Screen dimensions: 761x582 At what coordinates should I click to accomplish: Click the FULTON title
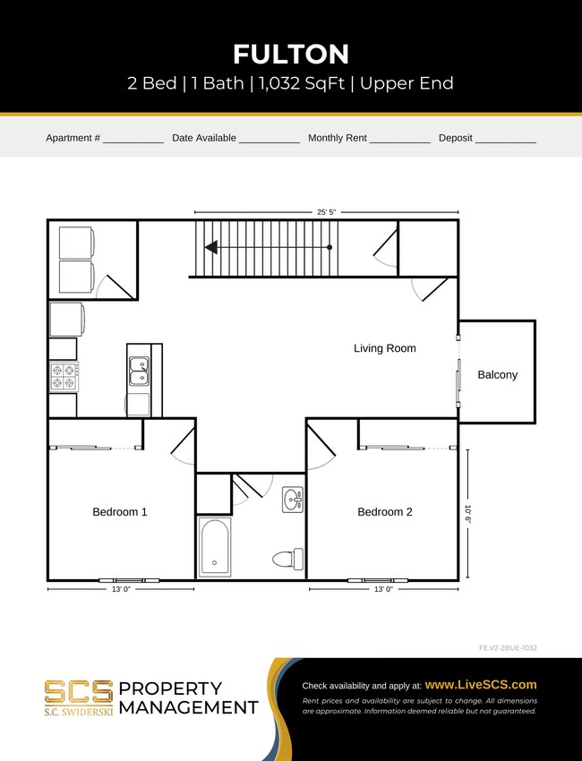pyautogui.click(x=291, y=54)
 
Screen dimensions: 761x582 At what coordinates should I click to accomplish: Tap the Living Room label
pyautogui.click(x=384, y=348)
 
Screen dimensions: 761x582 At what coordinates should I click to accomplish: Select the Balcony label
pyautogui.click(x=497, y=375)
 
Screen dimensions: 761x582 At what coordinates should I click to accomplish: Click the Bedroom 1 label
pyautogui.click(x=119, y=512)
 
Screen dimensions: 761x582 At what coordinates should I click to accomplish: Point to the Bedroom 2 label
pyautogui.click(x=385, y=512)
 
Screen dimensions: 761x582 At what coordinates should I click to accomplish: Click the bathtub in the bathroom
pyautogui.click(x=215, y=546)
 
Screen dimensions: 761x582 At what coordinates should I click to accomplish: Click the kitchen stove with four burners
pyautogui.click(x=64, y=376)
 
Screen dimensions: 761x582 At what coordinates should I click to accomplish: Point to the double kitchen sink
pyautogui.click(x=139, y=371)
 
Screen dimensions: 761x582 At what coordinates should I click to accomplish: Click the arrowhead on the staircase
pyautogui.click(x=211, y=247)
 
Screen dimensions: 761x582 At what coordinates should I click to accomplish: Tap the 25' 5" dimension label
pyautogui.click(x=327, y=212)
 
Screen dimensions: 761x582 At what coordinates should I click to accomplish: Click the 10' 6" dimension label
pyautogui.click(x=467, y=515)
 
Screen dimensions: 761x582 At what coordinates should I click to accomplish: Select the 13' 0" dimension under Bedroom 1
pyautogui.click(x=119, y=590)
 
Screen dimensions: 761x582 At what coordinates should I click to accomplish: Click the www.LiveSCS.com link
pyautogui.click(x=480, y=684)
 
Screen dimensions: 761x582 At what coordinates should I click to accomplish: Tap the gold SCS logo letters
pyautogui.click(x=79, y=692)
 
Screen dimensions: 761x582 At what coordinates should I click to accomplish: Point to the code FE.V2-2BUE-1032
pyautogui.click(x=508, y=647)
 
